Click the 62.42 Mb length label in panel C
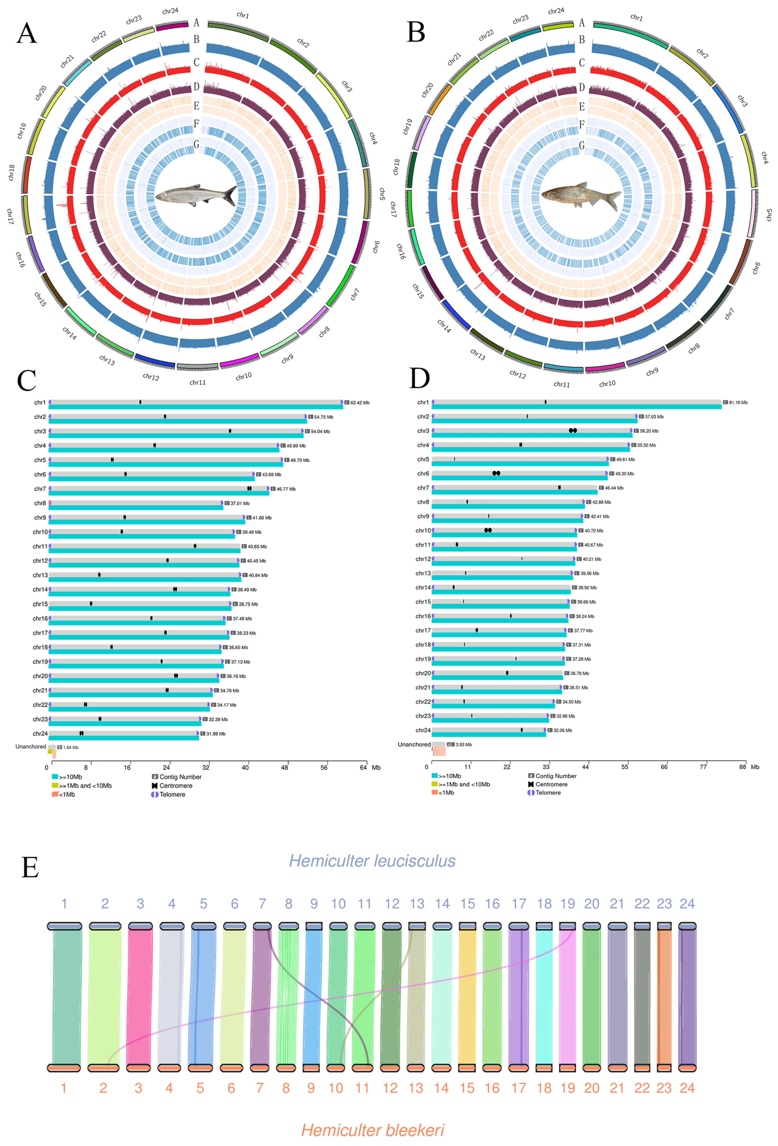pyautogui.click(x=360, y=402)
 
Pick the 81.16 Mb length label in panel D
pyautogui.click(x=738, y=402)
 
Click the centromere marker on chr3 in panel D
pyautogui.click(x=573, y=430)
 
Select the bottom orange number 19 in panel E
pyautogui.click(x=568, y=1088)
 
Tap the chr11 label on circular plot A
pyautogui.click(x=198, y=382)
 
